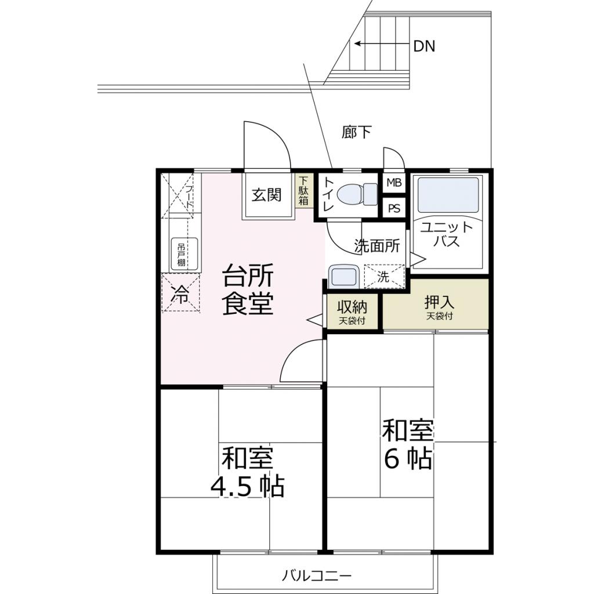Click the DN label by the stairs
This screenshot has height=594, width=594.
coord(424,46)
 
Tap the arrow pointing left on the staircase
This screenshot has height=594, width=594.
coord(382,44)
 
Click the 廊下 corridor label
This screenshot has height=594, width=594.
coord(356,132)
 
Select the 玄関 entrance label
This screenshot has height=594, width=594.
coord(267,195)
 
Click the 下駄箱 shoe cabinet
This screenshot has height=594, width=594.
coord(304,191)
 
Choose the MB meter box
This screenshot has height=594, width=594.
coord(394,183)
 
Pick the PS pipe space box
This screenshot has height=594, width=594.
coord(394,208)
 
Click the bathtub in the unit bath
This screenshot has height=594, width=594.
coord(448,195)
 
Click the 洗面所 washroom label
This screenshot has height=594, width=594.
coord(377,246)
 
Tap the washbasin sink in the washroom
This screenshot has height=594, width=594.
coord(343,276)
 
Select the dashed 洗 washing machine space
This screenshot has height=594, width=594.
coord(384,276)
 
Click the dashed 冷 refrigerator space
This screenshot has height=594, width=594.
coord(181,293)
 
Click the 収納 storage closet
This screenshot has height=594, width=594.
coord(352,311)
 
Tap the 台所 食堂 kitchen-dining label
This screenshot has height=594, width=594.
coord(248,289)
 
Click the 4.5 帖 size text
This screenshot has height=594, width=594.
coord(247,487)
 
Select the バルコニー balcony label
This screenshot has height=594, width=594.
coord(317,576)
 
